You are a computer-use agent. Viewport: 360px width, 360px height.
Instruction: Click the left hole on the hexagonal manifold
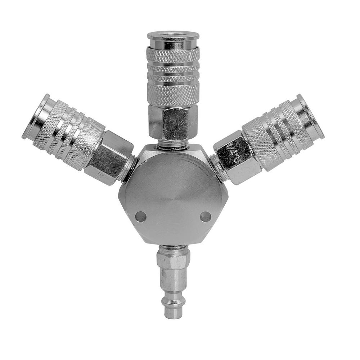coord(140,217)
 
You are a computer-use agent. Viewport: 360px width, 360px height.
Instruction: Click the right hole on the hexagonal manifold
coord(206,217)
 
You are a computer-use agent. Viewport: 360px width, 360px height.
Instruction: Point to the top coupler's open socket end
coord(173,36)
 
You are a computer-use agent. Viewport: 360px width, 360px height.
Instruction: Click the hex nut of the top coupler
coord(173,122)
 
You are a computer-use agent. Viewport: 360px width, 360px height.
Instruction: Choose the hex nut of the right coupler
coord(236,158)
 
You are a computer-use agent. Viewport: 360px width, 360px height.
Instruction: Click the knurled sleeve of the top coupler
coord(173,76)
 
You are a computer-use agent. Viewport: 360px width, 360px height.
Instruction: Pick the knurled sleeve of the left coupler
coord(68,131)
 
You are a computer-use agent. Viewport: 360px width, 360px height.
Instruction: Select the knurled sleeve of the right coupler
coord(277,131)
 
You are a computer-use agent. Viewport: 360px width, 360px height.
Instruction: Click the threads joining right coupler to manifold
coord(218,168)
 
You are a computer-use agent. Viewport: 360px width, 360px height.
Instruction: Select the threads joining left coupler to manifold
coord(129,168)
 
